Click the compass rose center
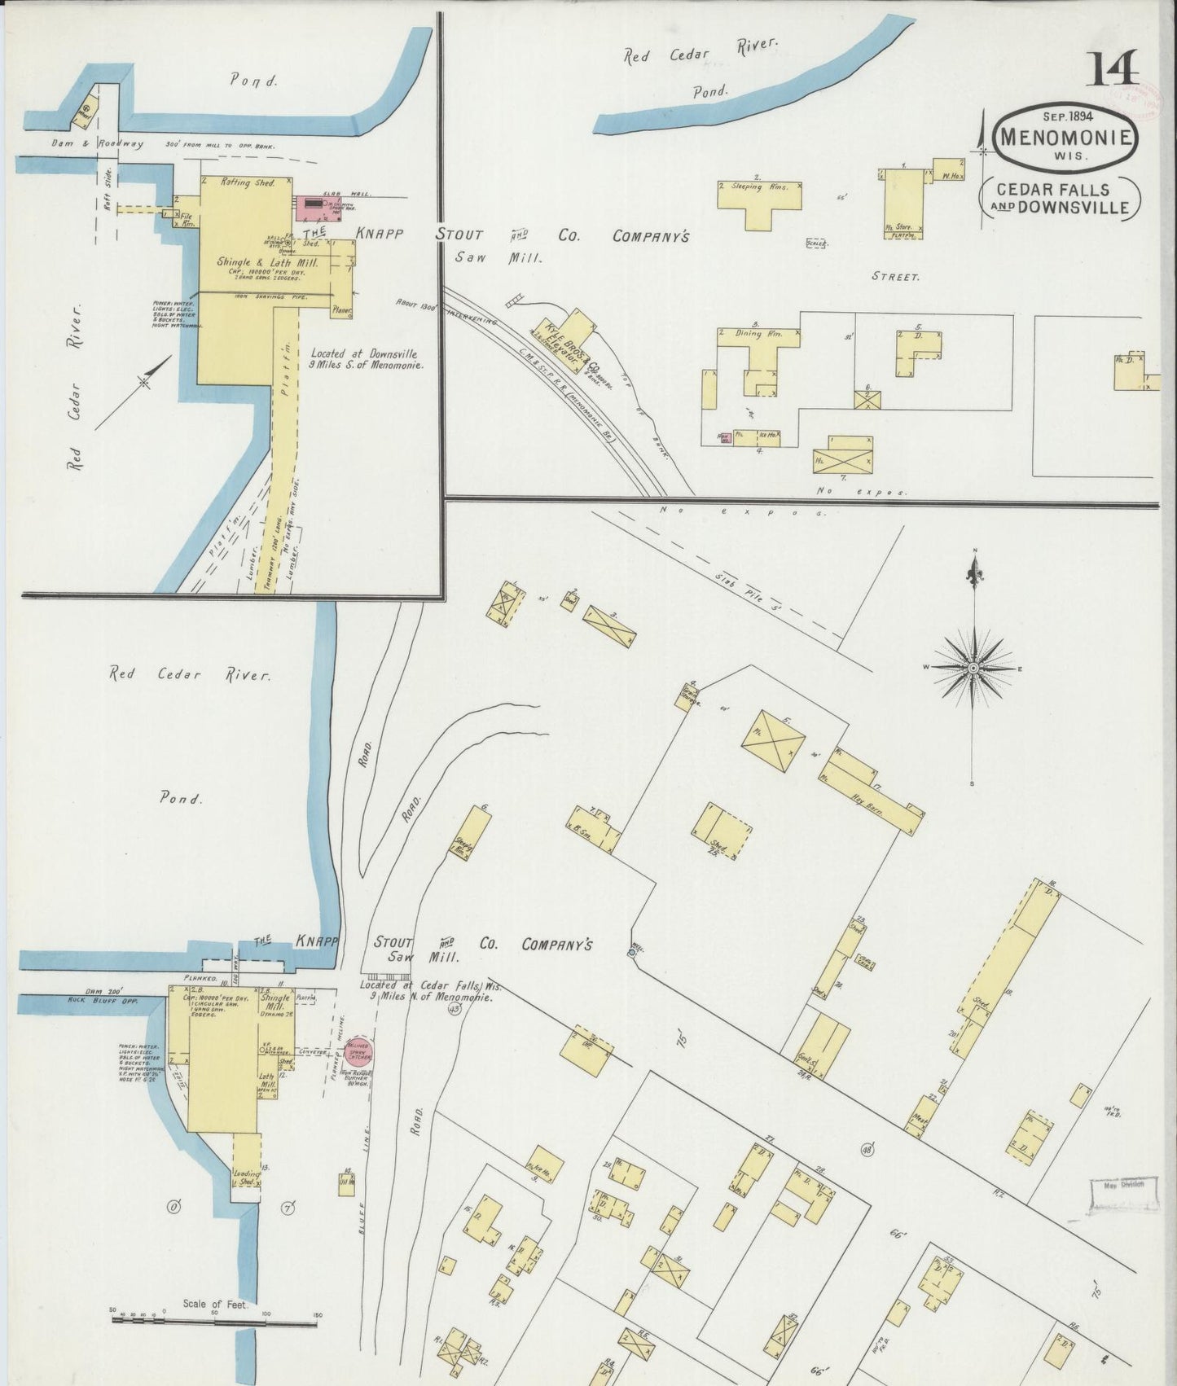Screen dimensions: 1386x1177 (973, 668)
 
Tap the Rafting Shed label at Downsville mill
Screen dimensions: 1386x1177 (248, 183)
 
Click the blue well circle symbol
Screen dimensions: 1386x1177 (632, 952)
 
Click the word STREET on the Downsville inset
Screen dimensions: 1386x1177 (895, 277)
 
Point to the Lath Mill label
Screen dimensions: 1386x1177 (266, 1081)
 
